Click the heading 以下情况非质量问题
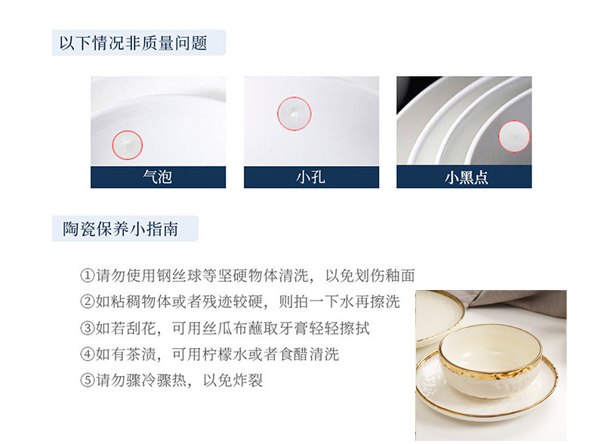pos(134,43)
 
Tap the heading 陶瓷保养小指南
pos(120,229)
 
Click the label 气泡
pos(158,177)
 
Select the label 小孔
pos(310,177)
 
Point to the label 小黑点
pos(466,177)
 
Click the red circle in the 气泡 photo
pos(128,131)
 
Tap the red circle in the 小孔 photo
pos(294,97)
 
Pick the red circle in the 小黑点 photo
pos(514,121)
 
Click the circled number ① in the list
pos(88,276)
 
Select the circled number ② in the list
pos(88,302)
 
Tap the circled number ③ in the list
pos(88,328)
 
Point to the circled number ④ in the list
pos(88,354)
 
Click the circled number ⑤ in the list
pos(88,381)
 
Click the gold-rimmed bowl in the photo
pos(490,360)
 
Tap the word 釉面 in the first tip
pos(400,276)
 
